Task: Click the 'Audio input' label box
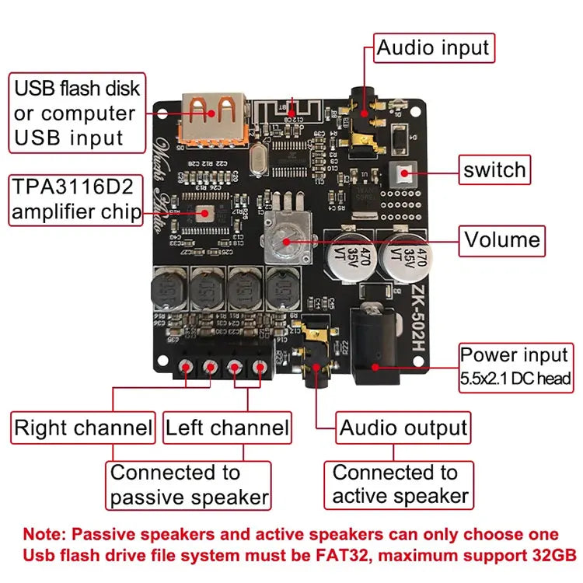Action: [434, 48]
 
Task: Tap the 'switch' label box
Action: [494, 170]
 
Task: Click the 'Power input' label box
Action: [515, 366]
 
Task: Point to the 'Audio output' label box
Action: [403, 428]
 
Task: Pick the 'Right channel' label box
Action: [83, 428]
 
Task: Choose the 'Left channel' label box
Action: [227, 428]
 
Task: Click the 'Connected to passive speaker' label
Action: [189, 485]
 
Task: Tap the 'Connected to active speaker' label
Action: [400, 484]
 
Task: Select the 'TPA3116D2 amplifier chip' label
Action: [76, 200]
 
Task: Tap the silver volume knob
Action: [286, 237]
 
